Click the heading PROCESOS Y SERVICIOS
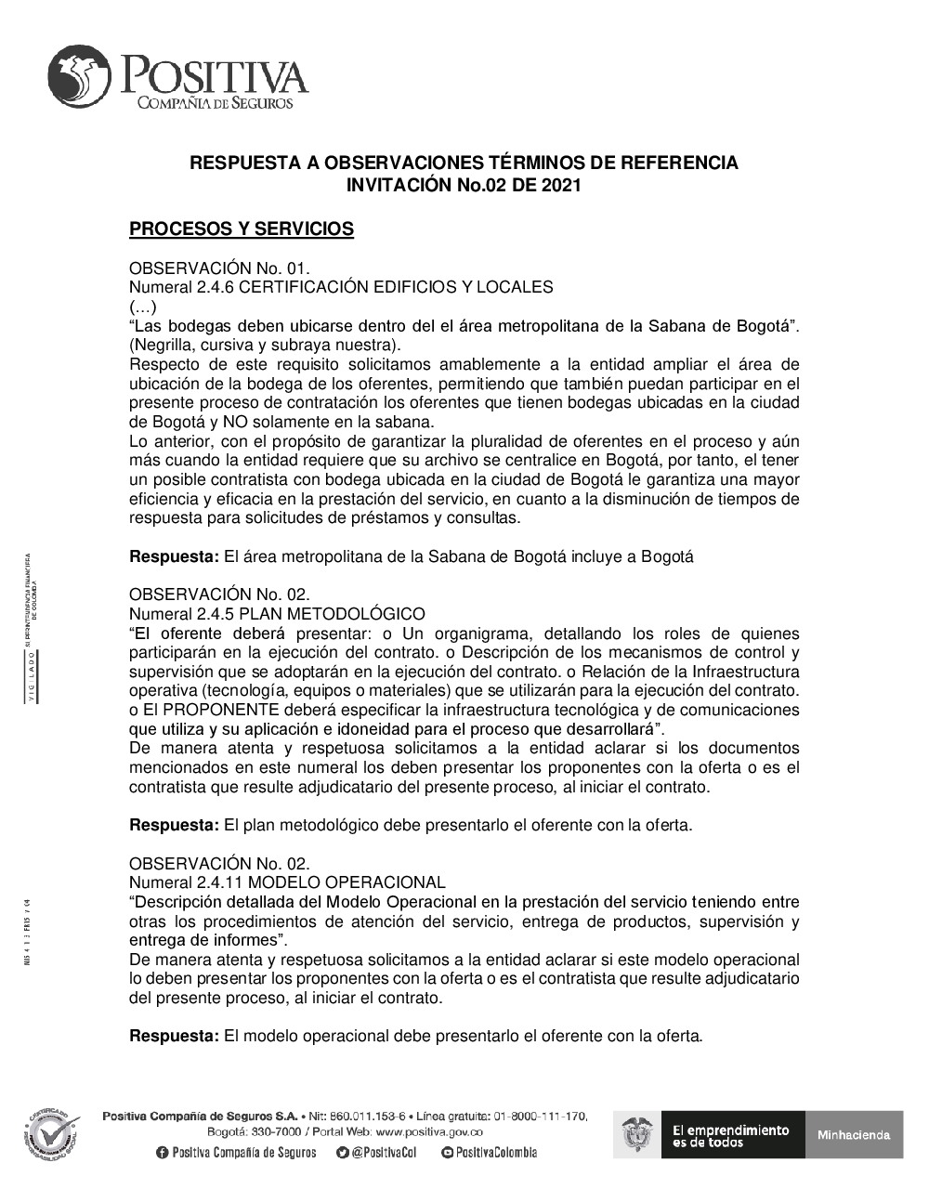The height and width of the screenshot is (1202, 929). coord(242,229)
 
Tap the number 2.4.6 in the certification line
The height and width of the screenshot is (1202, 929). coord(216,287)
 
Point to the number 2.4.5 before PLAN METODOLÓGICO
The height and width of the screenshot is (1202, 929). coord(216,614)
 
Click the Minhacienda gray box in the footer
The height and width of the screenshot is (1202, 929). coord(854,1134)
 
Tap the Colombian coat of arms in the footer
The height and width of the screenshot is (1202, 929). coord(637,1134)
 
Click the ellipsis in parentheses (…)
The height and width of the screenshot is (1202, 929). coord(143,307)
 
